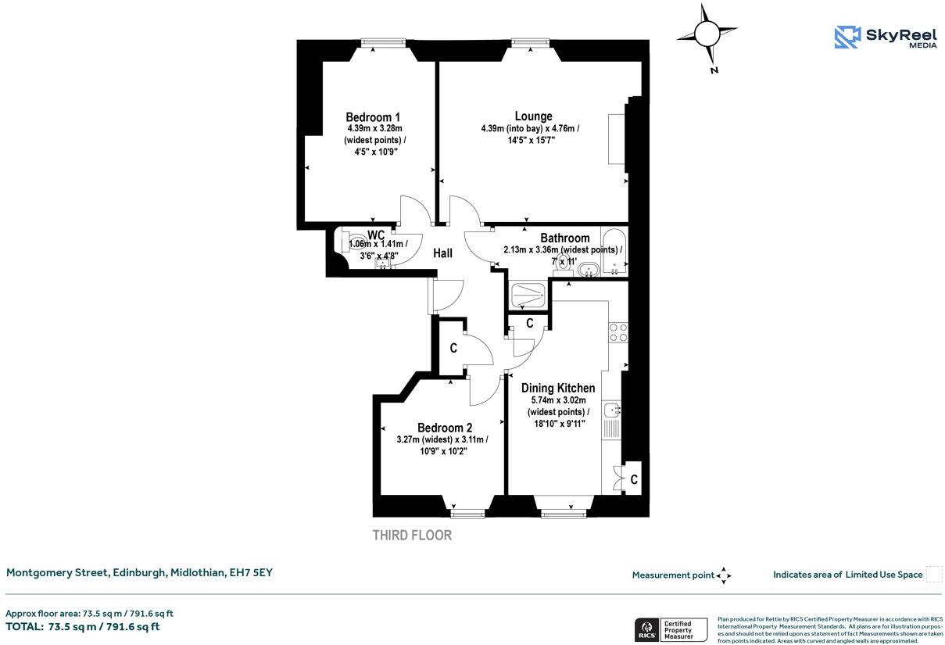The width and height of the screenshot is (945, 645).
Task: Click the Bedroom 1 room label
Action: coord(374,116)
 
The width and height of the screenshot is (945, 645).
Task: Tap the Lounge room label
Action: coord(533,116)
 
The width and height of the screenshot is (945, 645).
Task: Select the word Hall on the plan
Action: coord(443,253)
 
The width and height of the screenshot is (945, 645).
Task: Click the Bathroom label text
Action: coord(564,238)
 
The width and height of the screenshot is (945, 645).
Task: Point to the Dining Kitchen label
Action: coord(558,388)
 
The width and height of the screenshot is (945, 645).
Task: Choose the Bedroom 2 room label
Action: coord(444,428)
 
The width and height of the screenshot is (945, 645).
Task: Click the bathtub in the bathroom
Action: coord(614,250)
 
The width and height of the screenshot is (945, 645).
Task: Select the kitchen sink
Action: coord(613,409)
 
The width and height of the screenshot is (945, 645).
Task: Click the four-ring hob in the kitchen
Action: coord(617,332)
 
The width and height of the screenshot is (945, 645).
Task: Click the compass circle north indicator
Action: coord(707,34)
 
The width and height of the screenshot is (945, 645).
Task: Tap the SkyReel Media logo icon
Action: coord(847,37)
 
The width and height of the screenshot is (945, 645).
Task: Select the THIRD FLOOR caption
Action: coord(412,536)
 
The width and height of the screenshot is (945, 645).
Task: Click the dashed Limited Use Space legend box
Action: coord(933,575)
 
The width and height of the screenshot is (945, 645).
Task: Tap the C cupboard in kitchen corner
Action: coord(633,479)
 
